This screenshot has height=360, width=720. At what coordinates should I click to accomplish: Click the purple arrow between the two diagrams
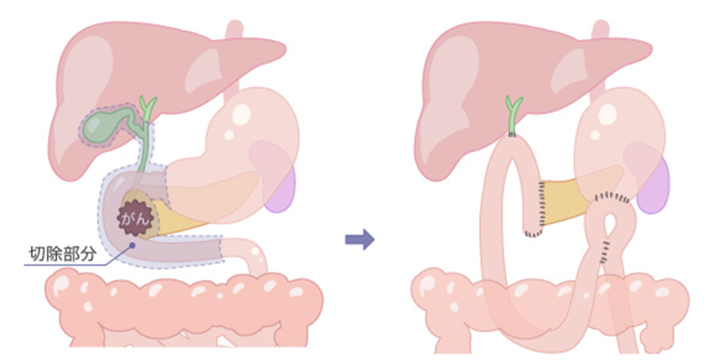(x=359, y=240)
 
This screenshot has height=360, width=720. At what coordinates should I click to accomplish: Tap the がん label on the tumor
(x=134, y=219)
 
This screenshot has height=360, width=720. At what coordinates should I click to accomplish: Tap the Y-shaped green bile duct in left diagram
(x=148, y=109)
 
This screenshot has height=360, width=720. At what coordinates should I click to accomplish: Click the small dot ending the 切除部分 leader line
(x=132, y=246)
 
